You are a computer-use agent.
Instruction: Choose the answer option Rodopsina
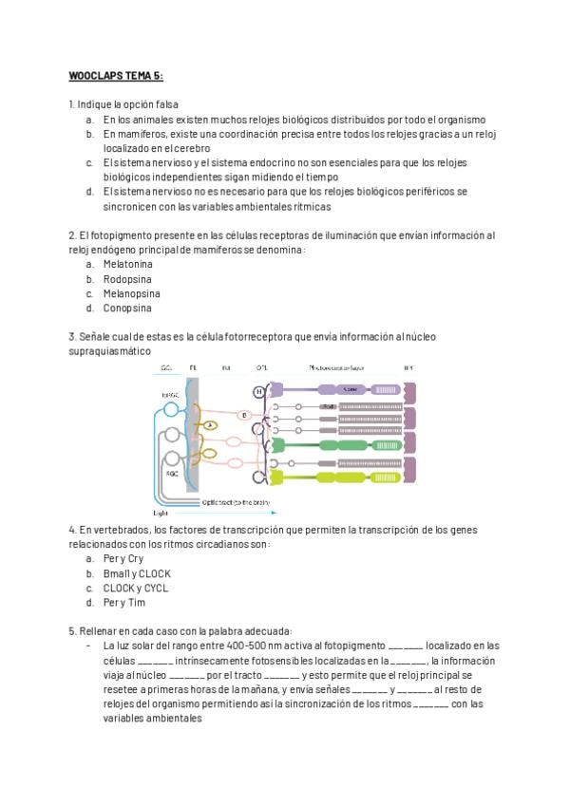[127, 279]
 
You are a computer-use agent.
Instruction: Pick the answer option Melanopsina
[132, 293]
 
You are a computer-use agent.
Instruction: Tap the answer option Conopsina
[127, 309]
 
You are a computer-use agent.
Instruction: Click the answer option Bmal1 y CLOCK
[137, 573]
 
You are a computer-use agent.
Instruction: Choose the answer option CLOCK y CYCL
[135, 589]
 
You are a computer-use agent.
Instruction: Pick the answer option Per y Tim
[123, 603]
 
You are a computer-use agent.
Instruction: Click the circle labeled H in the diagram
[258, 391]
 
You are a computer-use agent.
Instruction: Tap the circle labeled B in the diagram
[244, 415]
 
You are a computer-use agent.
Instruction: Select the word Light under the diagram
[161, 511]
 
